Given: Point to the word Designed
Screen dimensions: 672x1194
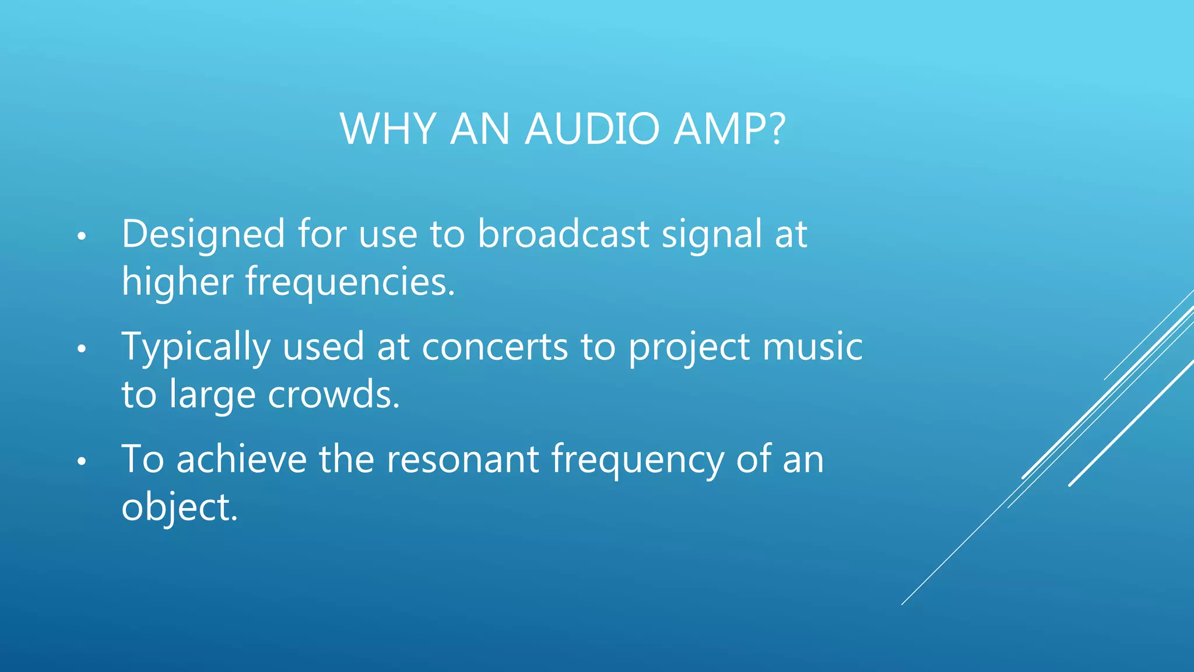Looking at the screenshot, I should click(203, 235).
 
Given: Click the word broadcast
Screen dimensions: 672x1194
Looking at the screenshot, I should click(563, 234).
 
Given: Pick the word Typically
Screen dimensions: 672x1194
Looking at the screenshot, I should click(196, 348).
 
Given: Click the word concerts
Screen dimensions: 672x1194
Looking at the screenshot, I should click(494, 348).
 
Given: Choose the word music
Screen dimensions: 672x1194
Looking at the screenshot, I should click(812, 347).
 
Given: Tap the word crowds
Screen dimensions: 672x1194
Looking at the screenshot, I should click(333, 395).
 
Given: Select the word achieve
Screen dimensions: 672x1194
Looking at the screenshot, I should click(241, 459).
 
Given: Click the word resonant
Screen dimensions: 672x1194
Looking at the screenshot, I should click(463, 460).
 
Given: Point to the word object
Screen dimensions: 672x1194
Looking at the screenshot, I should click(179, 508).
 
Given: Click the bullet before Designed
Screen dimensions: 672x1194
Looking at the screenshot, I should click(82, 237).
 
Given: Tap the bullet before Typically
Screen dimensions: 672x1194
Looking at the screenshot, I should click(82, 349).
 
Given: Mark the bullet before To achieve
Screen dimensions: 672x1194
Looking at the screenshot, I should click(82, 461).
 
